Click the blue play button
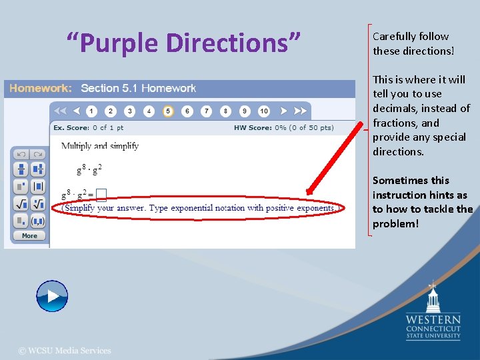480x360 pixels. pyautogui.click(x=52, y=296)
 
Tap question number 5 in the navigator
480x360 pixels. pyautogui.click(x=168, y=111)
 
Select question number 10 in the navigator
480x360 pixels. pyautogui.click(x=264, y=111)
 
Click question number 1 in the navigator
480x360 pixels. pyautogui.click(x=91, y=111)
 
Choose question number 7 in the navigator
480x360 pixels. pyautogui.click(x=207, y=111)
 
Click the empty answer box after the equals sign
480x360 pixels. pyautogui.click(x=101, y=195)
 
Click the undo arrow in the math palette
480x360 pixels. pyautogui.click(x=21, y=154)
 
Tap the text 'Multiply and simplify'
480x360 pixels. pyautogui.click(x=100, y=146)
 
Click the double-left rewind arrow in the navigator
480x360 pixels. pyautogui.click(x=61, y=111)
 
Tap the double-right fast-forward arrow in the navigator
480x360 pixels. pyautogui.click(x=301, y=111)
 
